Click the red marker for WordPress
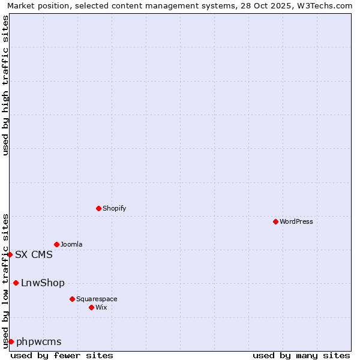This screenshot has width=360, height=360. point(275,221)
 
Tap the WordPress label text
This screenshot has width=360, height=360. point(296,221)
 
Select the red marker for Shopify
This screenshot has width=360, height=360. point(98,208)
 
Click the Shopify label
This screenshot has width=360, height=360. point(114,208)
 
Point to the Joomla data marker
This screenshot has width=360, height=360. point(56,244)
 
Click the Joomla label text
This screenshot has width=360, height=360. point(71,244)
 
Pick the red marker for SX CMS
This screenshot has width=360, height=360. point(10,254)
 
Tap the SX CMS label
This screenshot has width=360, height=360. point(34,254)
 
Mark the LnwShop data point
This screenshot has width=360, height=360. point(16,283)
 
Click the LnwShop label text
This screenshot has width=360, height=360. point(43,283)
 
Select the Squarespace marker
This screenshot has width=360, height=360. point(72,299)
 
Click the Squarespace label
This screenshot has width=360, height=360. point(97,299)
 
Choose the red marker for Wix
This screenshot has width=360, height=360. point(91,307)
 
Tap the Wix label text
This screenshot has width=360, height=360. point(101,307)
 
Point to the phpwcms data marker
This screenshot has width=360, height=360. point(11,341)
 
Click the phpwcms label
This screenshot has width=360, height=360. point(39,342)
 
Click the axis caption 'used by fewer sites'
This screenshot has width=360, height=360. point(62,355)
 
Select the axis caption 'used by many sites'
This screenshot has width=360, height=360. point(301,355)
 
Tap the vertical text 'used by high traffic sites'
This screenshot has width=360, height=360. point(5,85)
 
